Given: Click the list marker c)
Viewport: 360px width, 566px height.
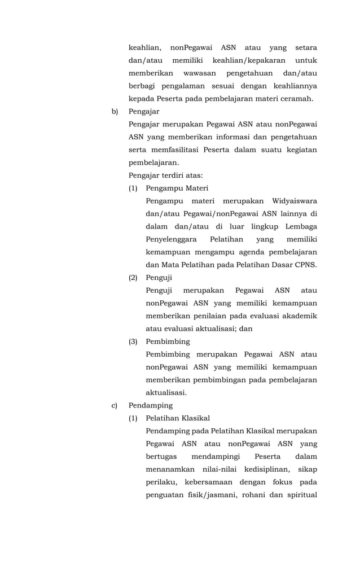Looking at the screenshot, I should pyautogui.click(x=115, y=405).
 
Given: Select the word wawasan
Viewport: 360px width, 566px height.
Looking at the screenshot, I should pyautogui.click(x=200, y=73).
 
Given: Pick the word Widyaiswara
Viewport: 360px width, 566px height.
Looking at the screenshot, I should pyautogui.click(x=294, y=201).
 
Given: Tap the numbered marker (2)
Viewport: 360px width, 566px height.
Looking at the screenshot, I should pyautogui.click(x=133, y=278).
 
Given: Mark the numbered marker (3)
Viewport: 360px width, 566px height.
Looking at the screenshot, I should pyautogui.click(x=133, y=341).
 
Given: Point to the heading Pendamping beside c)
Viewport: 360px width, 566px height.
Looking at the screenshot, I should pyautogui.click(x=151, y=405).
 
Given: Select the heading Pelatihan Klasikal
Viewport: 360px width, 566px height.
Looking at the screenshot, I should pyautogui.click(x=178, y=418).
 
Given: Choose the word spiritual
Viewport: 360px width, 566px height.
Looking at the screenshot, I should pyautogui.click(x=300, y=495).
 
